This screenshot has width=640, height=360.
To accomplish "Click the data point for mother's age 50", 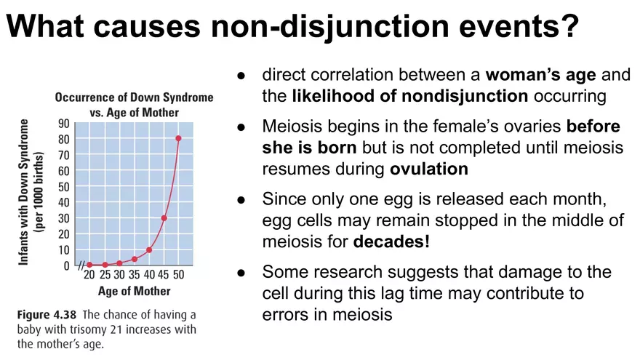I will point(178,138).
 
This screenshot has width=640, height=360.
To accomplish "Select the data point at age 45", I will point(164,218).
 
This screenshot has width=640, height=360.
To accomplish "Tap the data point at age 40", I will point(149,250).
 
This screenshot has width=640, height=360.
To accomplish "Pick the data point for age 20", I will point(89,265).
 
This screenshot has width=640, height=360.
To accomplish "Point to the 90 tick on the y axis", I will point(64,123).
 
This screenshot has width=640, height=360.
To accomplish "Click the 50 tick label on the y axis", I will point(64,186).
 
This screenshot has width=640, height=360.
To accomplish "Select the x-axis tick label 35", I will point(134,276).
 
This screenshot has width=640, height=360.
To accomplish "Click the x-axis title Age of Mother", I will point(134,292).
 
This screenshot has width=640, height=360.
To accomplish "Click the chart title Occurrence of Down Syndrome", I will point(135,97).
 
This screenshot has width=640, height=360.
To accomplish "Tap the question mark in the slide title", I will point(569,28).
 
